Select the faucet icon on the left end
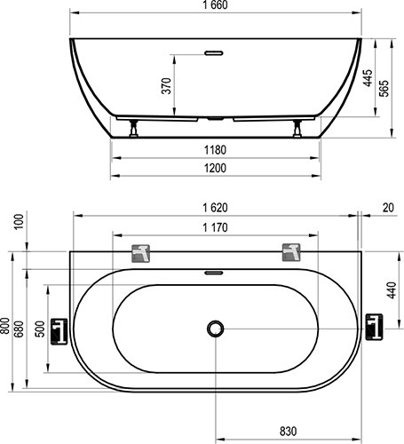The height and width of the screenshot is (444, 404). click(x=59, y=329)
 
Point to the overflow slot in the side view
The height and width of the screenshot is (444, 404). click(x=216, y=52)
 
